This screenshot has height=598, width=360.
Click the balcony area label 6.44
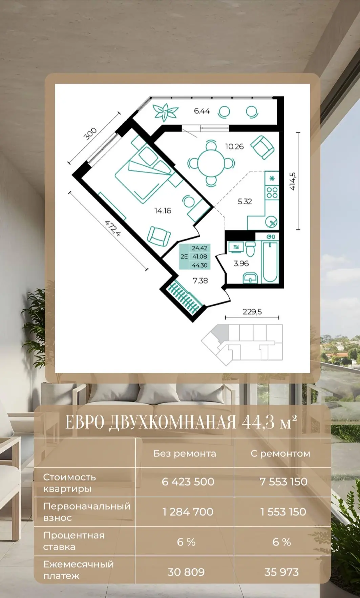click(202, 111)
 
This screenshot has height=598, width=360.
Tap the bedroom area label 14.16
click(163, 211)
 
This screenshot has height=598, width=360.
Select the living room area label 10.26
click(234, 146)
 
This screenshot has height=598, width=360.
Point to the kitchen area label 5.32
click(245, 202)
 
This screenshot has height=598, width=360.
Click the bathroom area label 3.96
click(241, 263)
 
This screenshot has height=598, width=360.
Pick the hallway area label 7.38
click(200, 281)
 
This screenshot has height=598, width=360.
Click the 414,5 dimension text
click(293, 181)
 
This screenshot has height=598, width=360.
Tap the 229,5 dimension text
click(252, 312)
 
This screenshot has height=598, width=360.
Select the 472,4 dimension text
click(113, 228)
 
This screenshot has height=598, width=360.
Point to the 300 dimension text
click(90, 134)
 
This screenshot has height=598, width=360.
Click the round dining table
click(211, 163)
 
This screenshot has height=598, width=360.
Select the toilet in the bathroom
click(250, 249)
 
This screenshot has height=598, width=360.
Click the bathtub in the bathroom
click(270, 262)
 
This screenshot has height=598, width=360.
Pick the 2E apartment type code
click(184, 257)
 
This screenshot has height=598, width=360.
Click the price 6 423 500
click(188, 481)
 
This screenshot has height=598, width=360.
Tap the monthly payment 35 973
click(281, 572)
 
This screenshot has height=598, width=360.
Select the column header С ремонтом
click(280, 453)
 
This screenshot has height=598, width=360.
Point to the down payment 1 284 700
click(188, 512)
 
